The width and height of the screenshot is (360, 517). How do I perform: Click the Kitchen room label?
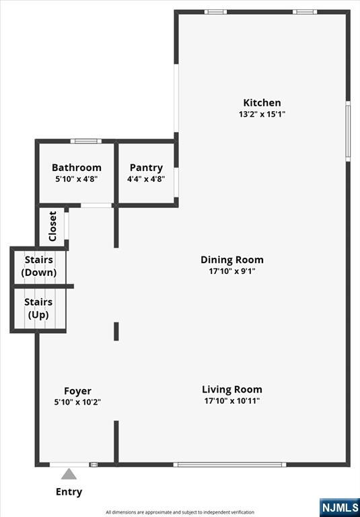(262, 102)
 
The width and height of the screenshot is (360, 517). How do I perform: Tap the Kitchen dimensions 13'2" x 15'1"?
(262, 114)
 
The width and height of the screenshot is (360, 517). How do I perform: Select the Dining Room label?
(232, 260)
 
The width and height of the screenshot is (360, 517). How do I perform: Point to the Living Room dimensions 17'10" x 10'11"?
(232, 401)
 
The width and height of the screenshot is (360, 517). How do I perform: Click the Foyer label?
(77, 391)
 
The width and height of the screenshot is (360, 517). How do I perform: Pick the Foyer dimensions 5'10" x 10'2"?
(77, 403)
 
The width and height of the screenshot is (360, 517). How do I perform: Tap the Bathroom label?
(77, 168)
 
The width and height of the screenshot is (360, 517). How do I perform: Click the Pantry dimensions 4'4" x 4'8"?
(146, 179)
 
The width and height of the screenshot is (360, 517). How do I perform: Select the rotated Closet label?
(52, 226)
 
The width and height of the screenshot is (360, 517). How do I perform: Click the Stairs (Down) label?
(39, 266)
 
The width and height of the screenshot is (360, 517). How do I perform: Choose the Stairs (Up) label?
(38, 308)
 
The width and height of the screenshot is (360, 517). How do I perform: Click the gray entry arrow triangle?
(69, 474)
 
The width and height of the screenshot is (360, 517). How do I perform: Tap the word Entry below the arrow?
(69, 492)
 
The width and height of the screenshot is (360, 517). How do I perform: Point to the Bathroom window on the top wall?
(86, 141)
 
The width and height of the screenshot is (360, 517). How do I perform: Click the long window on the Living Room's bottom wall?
(229, 464)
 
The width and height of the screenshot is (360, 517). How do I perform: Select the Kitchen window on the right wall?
(348, 131)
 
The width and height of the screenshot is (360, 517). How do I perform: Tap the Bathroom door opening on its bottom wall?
(96, 205)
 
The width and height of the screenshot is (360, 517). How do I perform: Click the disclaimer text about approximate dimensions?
(180, 512)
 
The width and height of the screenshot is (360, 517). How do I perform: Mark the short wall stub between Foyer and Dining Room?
(116, 331)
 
